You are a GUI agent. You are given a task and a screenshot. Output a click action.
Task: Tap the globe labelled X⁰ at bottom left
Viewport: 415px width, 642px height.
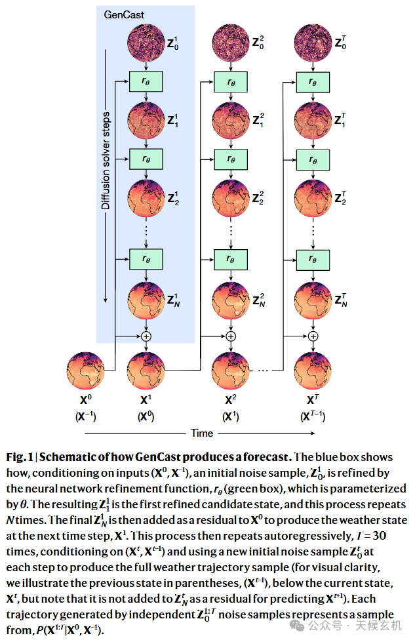tap(85, 372)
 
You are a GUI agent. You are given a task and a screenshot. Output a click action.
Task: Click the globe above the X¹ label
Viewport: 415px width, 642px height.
tap(146, 372)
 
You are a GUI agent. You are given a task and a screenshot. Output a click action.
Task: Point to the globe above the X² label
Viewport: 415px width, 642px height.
tap(231, 372)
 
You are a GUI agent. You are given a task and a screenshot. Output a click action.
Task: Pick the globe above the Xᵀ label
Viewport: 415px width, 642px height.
tap(313, 372)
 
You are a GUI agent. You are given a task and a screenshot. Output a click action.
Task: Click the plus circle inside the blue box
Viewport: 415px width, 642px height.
tap(146, 336)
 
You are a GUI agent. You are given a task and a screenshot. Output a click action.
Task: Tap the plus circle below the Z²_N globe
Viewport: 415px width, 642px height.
tap(231, 336)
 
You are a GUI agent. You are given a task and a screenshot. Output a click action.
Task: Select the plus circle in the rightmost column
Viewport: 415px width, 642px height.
tap(313, 336)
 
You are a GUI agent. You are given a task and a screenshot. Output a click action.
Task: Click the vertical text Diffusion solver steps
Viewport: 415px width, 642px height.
tap(106, 160)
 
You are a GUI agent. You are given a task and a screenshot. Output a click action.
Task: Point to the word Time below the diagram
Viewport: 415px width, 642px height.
tap(202, 433)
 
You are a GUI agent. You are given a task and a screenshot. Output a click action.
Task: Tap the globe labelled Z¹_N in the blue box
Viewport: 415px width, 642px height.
tap(146, 301)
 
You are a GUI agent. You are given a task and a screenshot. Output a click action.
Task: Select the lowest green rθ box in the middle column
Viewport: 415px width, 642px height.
tap(231, 258)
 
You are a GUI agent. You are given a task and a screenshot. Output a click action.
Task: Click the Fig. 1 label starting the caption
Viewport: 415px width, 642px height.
tap(19, 457)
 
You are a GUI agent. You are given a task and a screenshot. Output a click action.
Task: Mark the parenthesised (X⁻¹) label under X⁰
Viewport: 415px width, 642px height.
tap(85, 416)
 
